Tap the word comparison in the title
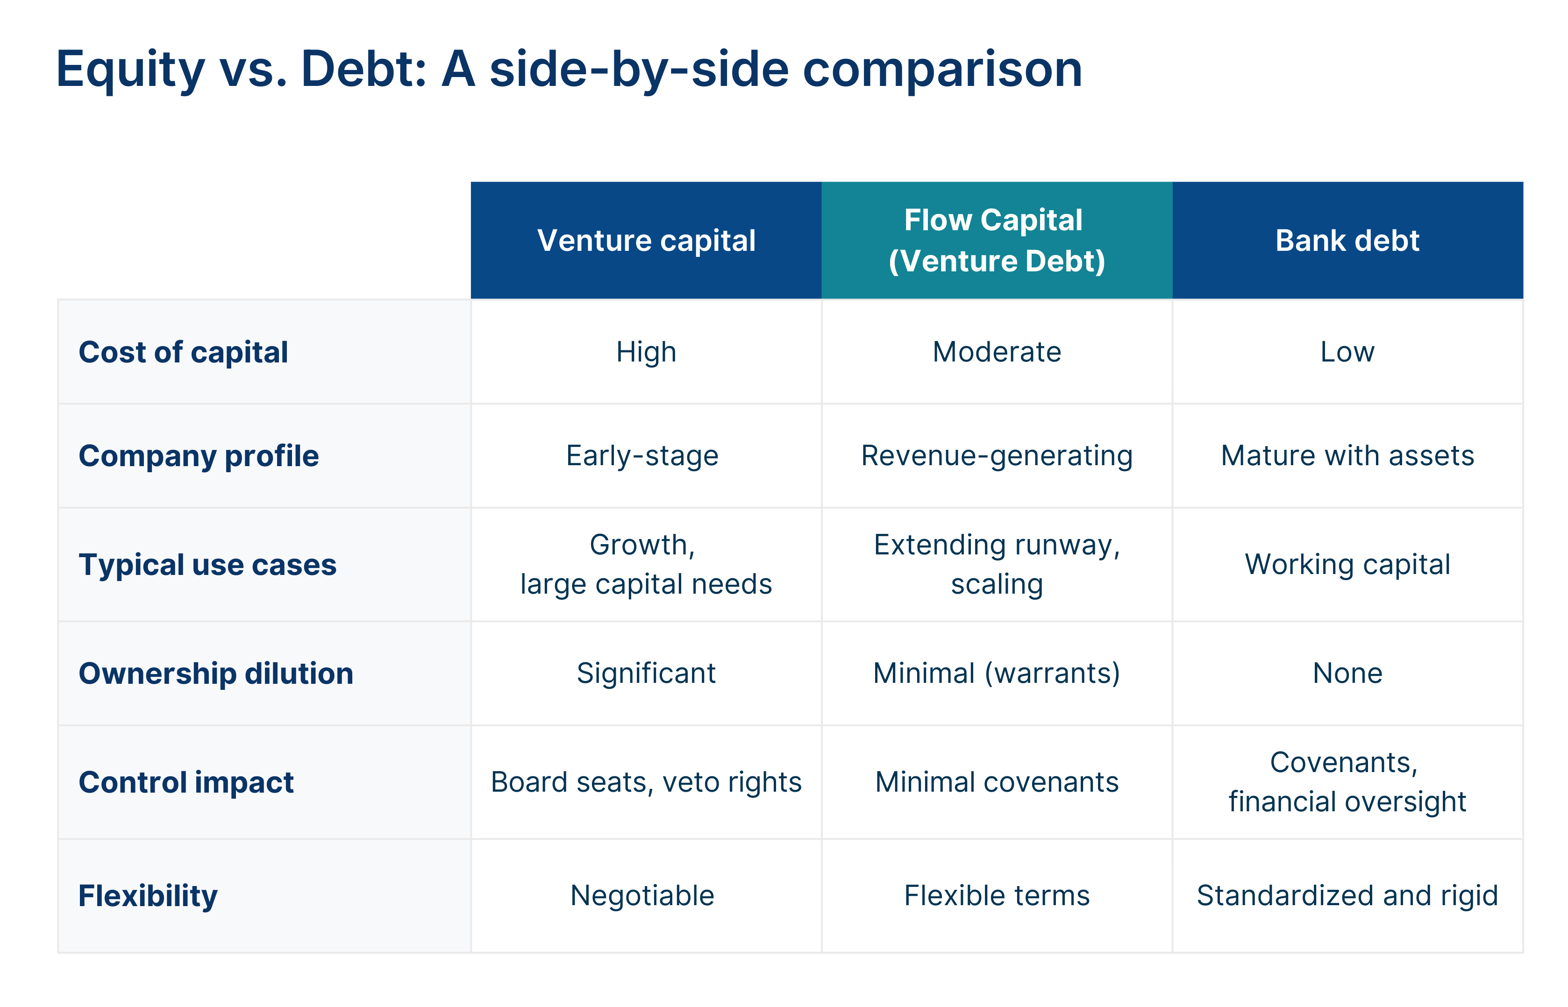(x=942, y=70)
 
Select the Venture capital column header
(x=646, y=241)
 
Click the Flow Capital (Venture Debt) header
(x=996, y=241)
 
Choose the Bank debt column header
(x=1347, y=241)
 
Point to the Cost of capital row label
(x=183, y=353)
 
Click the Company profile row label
(x=198, y=456)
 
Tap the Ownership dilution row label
(x=216, y=674)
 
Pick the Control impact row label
(x=186, y=782)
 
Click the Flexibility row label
(x=148, y=896)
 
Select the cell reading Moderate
(x=996, y=353)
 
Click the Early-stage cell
(x=642, y=456)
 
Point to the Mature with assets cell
(x=1347, y=456)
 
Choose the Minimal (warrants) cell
(x=996, y=674)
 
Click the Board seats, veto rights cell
(x=646, y=782)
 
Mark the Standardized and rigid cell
(x=1347, y=896)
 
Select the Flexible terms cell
(x=996, y=896)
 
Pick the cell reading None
(x=1347, y=674)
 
